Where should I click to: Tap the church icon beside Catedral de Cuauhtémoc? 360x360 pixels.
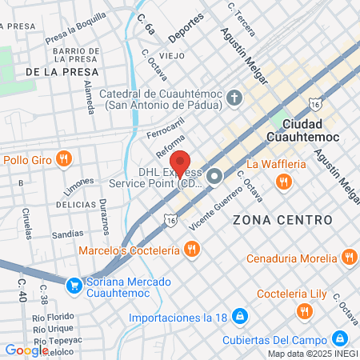[234, 99]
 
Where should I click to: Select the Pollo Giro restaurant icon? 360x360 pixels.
[65, 159]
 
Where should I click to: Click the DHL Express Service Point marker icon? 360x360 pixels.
[214, 176]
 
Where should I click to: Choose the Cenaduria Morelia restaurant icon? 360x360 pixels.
[349, 258]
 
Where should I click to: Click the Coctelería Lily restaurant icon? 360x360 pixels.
[303, 311]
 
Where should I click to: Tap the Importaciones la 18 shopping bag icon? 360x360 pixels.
[238, 318]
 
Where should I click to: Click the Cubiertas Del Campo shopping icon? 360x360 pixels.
[341, 338]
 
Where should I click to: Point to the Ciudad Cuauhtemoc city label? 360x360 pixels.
[311, 131]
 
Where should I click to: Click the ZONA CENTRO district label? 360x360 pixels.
[282, 219]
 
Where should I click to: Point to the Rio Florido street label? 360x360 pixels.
[54, 317]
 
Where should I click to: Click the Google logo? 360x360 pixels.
[26, 350]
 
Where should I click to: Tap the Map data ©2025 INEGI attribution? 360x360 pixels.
[312, 354]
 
